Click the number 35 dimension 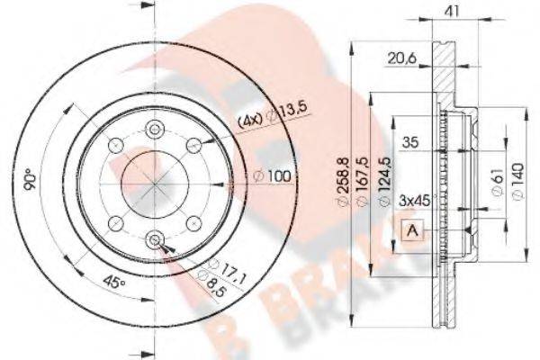410,141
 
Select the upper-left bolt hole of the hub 114,145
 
